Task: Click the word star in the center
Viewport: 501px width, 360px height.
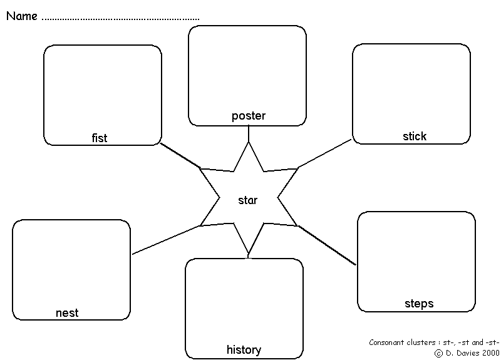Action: click(x=248, y=200)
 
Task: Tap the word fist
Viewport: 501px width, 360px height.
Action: click(x=100, y=138)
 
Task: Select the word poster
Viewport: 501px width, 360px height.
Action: click(x=249, y=116)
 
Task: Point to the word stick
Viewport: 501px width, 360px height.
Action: click(x=415, y=136)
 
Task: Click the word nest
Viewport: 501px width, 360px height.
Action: click(x=67, y=313)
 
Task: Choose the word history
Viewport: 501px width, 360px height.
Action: click(x=244, y=349)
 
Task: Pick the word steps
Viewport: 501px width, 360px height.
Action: click(x=419, y=304)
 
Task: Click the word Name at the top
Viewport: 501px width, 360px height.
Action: click(x=22, y=16)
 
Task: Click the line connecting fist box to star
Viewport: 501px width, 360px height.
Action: click(x=180, y=156)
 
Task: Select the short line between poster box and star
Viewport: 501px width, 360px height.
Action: click(x=249, y=133)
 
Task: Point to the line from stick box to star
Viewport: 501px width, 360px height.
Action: click(x=325, y=153)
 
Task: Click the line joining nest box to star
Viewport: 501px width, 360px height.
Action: click(x=166, y=240)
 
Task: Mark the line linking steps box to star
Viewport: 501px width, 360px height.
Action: click(x=326, y=245)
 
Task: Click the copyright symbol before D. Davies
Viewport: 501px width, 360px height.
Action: click(x=438, y=352)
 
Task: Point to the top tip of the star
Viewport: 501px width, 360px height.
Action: click(x=249, y=143)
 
